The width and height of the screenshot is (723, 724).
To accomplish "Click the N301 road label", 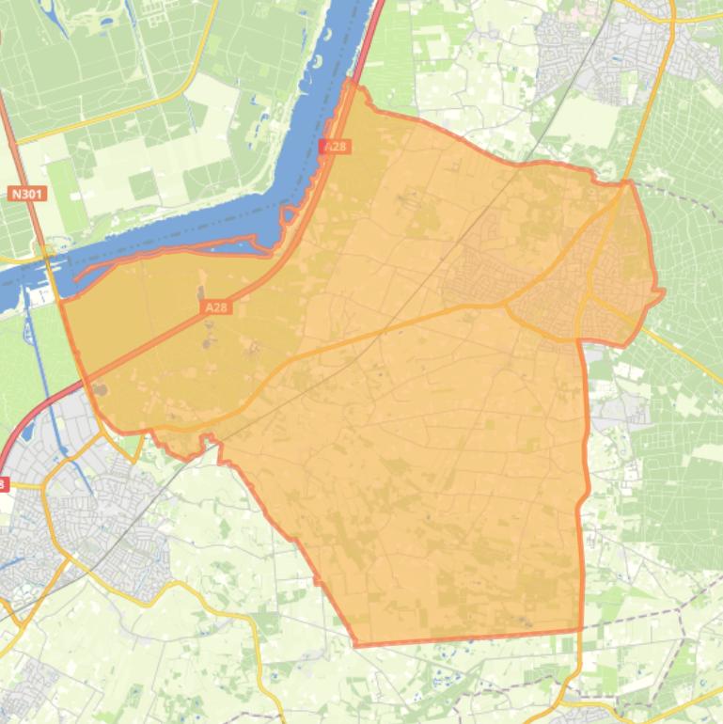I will pos(27,195).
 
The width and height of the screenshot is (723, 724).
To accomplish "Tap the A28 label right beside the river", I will pos(335,147).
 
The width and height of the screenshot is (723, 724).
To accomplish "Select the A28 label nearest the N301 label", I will pos(215,307).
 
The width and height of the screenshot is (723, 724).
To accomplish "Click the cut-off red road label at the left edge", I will pos(3,484).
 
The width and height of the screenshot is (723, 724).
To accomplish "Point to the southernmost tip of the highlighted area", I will pos(357,646).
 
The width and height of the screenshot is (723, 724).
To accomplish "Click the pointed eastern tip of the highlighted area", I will pos(663,292).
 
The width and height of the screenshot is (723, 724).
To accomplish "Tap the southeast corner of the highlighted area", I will pos(580,629).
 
